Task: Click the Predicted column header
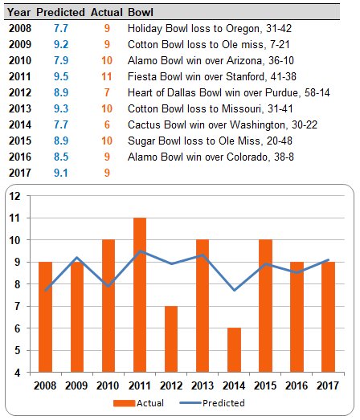59,14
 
